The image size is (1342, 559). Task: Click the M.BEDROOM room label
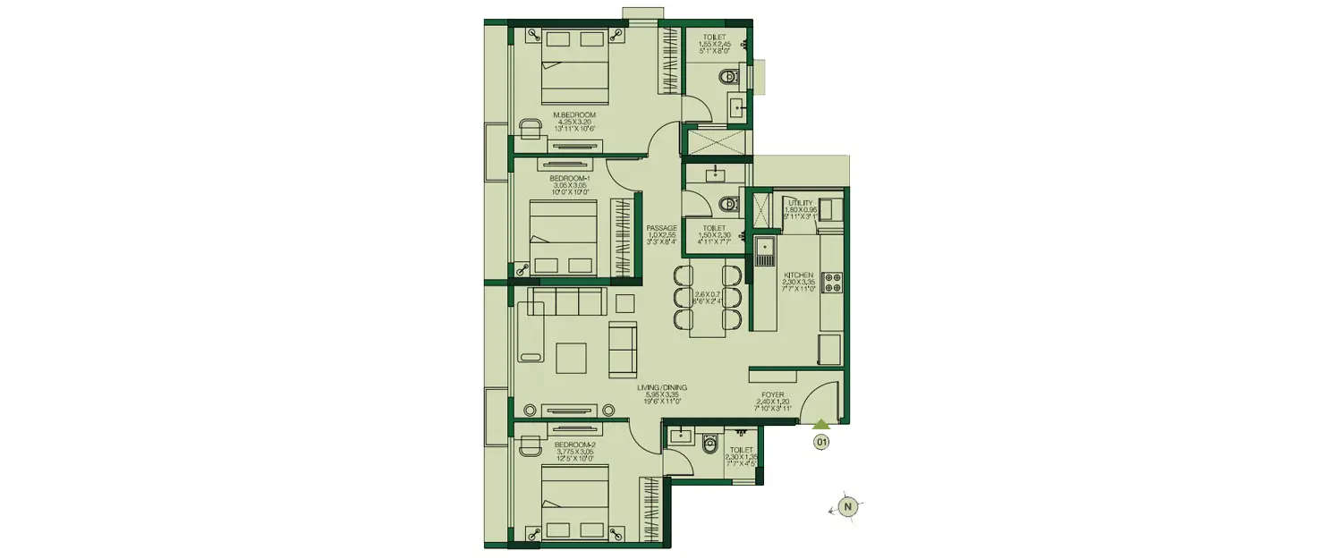pyautogui.click(x=573, y=115)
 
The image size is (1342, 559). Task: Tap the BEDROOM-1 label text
pyautogui.click(x=569, y=179)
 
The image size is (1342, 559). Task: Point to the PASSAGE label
pyautogui.click(x=662, y=228)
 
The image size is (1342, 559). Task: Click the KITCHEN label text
pyautogui.click(x=798, y=275)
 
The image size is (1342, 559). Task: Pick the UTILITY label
pyautogui.click(x=800, y=203)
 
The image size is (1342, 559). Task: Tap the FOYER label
pyautogui.click(x=774, y=394)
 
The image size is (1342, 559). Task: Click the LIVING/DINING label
pyautogui.click(x=662, y=387)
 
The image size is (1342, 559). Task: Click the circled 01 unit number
pyautogui.click(x=821, y=441)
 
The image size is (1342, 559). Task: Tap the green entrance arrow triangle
pyautogui.click(x=821, y=425)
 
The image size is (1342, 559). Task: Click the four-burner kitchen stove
pyautogui.click(x=831, y=282)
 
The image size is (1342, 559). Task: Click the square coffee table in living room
pyautogui.click(x=573, y=358)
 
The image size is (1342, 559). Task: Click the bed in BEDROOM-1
pyautogui.click(x=564, y=237)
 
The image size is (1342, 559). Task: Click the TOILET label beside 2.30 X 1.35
pyautogui.click(x=741, y=450)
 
